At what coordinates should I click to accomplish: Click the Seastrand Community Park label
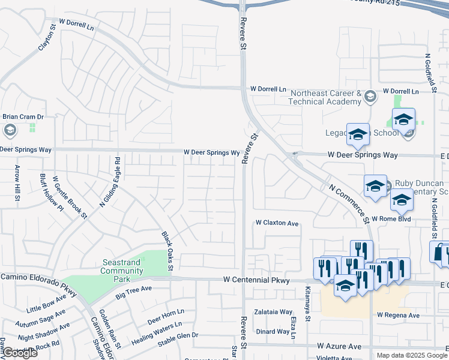pyautogui.click(x=121, y=266)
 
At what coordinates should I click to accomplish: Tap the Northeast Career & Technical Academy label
pyautogui.click(x=325, y=97)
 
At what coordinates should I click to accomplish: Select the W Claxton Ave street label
pyautogui.click(x=277, y=223)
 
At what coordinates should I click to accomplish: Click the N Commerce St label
pyautogui.click(x=349, y=203)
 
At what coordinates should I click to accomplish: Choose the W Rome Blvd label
pyautogui.click(x=391, y=219)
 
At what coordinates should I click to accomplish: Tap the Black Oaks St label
pyautogui.click(x=166, y=250)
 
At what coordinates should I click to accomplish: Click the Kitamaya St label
pyautogui.click(x=307, y=304)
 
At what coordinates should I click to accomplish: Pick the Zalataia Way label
pyautogui.click(x=273, y=312)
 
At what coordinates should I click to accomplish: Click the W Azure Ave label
pyautogui.click(x=339, y=346)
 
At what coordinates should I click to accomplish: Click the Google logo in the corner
pyautogui.click(x=20, y=353)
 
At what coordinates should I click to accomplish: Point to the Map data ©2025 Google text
pyautogui.click(x=411, y=355)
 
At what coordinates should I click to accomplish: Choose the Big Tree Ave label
pyautogui.click(x=134, y=292)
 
